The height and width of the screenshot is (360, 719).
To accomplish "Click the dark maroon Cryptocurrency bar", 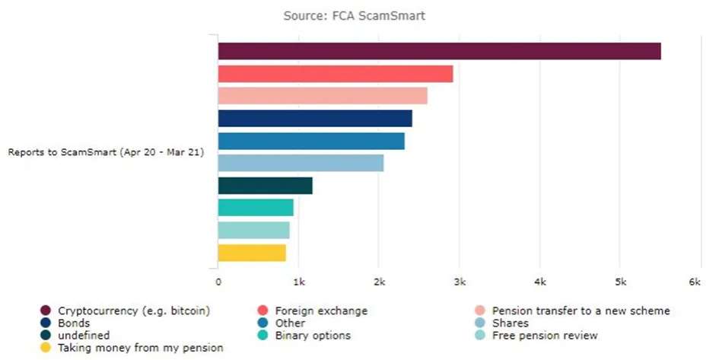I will coord(439,51).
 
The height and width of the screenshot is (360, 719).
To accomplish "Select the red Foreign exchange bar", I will coord(336,74).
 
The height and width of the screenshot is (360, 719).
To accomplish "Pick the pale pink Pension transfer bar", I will coord(323,96).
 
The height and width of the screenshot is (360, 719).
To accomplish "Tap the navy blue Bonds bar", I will coord(315,119).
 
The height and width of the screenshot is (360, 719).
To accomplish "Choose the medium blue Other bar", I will coord(311,141).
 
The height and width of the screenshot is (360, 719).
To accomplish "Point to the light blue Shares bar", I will coord(301,163).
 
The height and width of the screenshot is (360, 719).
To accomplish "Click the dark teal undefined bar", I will coord(265,186).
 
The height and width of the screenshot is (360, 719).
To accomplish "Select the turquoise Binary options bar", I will coord(256,208).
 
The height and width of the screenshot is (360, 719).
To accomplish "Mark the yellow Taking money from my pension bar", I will coord(252,253).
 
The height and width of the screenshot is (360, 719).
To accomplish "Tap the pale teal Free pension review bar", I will coord(253,230).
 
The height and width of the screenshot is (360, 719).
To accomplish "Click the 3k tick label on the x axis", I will coord(459,282).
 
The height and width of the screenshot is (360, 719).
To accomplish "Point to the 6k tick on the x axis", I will coord(695,282).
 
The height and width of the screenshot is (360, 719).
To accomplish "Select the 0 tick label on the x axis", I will coord(218,282).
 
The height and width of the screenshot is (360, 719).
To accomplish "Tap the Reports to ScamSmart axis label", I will coord(106,152).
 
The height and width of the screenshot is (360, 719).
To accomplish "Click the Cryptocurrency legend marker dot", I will coord(46,311).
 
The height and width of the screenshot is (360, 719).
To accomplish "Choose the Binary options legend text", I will coord(313,335).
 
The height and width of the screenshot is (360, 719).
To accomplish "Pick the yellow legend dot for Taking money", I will coord(46,348).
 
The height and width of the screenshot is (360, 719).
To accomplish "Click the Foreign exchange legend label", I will coord(321,311).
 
